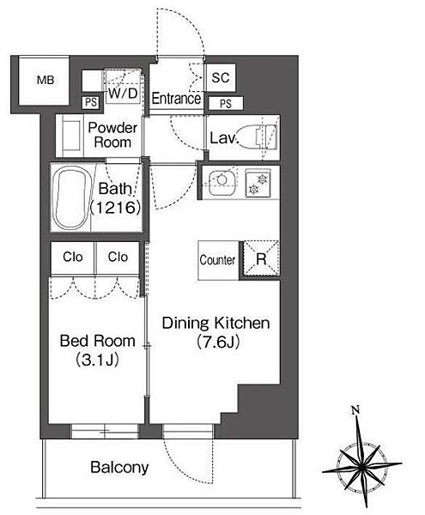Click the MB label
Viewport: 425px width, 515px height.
(x=46, y=80)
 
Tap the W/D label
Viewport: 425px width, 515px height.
(x=123, y=94)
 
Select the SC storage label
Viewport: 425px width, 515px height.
(x=221, y=78)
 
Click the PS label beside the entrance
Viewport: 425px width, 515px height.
(x=226, y=104)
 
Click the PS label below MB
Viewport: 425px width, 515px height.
(x=91, y=102)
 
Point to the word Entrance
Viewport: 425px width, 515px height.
(x=176, y=99)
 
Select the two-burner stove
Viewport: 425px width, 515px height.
(x=258, y=184)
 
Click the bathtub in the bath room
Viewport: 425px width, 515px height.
(x=71, y=198)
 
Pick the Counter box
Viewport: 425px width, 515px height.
(x=218, y=260)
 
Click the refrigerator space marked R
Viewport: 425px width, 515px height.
(x=261, y=259)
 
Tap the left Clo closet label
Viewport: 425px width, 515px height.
(x=73, y=257)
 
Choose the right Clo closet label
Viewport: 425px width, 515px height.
(x=118, y=257)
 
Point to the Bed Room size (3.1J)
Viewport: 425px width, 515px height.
(x=97, y=360)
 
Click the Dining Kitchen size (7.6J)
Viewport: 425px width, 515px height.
(x=218, y=342)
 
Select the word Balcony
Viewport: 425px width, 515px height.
(x=119, y=468)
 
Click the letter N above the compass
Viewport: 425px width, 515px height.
(x=355, y=410)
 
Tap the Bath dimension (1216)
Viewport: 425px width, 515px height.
(x=115, y=208)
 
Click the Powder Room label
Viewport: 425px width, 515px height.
(x=112, y=135)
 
